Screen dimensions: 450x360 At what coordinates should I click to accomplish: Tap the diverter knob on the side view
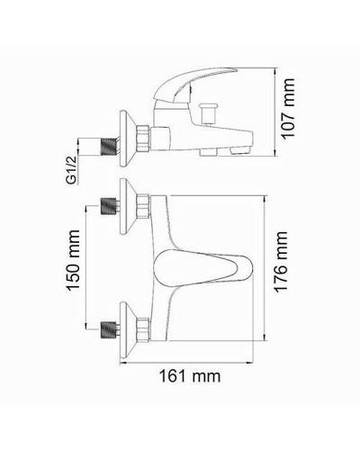click(216, 114)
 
